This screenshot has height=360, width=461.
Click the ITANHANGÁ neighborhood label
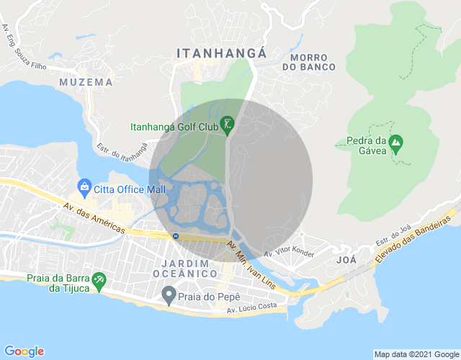click(x=222, y=53)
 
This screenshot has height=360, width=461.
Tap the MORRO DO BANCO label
click(x=313, y=61)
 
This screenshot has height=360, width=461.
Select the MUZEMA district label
click(x=86, y=82)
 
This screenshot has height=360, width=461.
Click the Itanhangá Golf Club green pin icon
click(x=228, y=125)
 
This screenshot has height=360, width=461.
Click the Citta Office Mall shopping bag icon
click(x=84, y=189)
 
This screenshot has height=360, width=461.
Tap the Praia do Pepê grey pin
click(x=169, y=294)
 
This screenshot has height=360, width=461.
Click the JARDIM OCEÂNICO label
click(x=185, y=269)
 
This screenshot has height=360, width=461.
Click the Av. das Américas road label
click(x=94, y=217)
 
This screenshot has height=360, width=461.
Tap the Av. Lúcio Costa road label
click(x=251, y=310)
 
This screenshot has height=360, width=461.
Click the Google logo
click(x=23, y=351)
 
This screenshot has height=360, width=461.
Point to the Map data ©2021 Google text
click(x=416, y=354)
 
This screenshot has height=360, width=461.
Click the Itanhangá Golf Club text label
click(x=174, y=127)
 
